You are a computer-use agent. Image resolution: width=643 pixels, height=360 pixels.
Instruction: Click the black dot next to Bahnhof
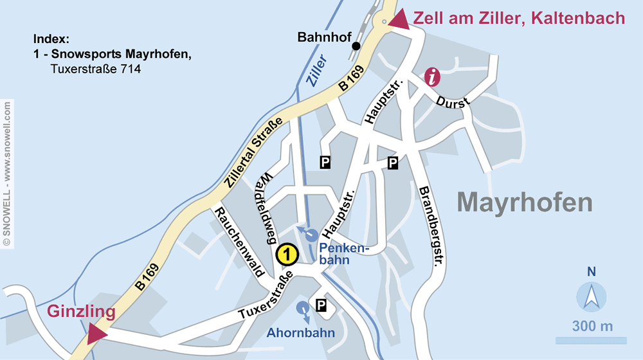pyautogui.click(x=356, y=46)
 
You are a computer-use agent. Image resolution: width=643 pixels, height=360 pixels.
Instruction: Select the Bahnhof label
pyautogui.click(x=324, y=38)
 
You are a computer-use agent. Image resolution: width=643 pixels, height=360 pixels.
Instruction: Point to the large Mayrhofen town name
pyautogui.click(x=525, y=203)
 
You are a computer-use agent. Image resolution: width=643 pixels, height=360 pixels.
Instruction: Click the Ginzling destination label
pyautogui.click(x=81, y=312)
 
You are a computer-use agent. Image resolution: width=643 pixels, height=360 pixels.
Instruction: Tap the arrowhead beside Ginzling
pyautogui.click(x=97, y=332)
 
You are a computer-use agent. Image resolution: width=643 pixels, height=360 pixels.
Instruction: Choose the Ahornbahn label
pyautogui.click(x=302, y=333)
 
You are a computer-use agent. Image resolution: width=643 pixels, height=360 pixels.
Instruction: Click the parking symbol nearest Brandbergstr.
pyautogui.click(x=393, y=163)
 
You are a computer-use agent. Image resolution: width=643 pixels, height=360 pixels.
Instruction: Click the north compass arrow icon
pyautogui.click(x=591, y=296)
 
